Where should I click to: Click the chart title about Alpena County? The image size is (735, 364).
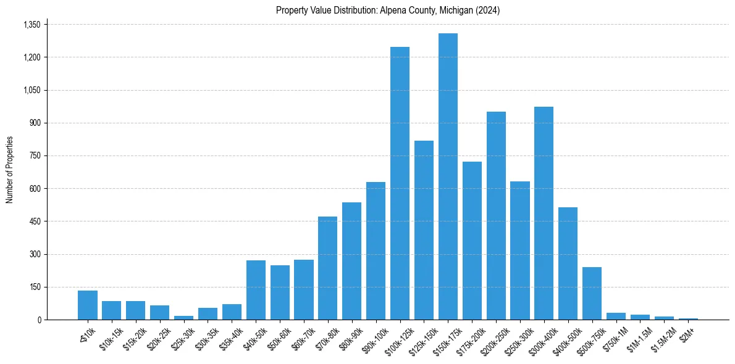tap(388, 10)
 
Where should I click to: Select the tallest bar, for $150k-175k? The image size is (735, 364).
tap(448, 176)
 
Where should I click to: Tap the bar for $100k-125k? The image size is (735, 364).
tap(400, 183)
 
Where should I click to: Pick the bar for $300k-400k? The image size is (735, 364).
tap(544, 213)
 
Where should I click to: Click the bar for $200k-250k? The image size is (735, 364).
tap(496, 215)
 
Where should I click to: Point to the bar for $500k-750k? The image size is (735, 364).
tap(592, 293)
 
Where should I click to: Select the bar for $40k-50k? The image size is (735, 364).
tap(256, 290)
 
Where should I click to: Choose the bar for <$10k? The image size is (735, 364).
tap(88, 305)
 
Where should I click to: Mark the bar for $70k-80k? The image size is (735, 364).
tap(327, 268)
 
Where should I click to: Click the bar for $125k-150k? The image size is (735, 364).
tap(424, 230)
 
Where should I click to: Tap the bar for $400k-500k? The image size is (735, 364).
tap(568, 263)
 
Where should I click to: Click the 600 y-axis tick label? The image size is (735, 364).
tap(35, 189)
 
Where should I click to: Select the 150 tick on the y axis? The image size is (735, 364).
tap(35, 287)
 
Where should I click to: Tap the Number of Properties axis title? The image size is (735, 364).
tap(10, 169)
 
